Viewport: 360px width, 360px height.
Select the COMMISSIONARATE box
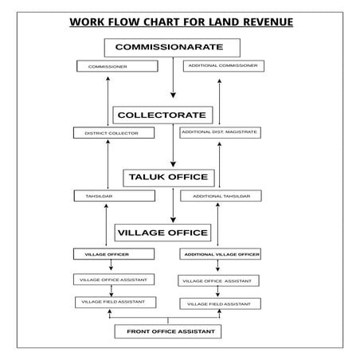coord(173,48)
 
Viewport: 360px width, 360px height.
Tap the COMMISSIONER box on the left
coord(108,67)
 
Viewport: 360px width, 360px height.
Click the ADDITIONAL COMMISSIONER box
coord(221,66)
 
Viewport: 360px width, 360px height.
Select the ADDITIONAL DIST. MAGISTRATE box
coord(219,132)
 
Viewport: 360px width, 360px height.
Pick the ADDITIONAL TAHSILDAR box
coord(221,196)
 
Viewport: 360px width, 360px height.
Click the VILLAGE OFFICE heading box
coord(163,233)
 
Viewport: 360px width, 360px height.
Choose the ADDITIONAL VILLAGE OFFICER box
coord(221,254)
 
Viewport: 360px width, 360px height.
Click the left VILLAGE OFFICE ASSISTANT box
coord(112,279)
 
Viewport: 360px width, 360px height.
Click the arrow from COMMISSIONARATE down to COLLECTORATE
coord(173,80)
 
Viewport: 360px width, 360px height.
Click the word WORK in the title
coord(87,22)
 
